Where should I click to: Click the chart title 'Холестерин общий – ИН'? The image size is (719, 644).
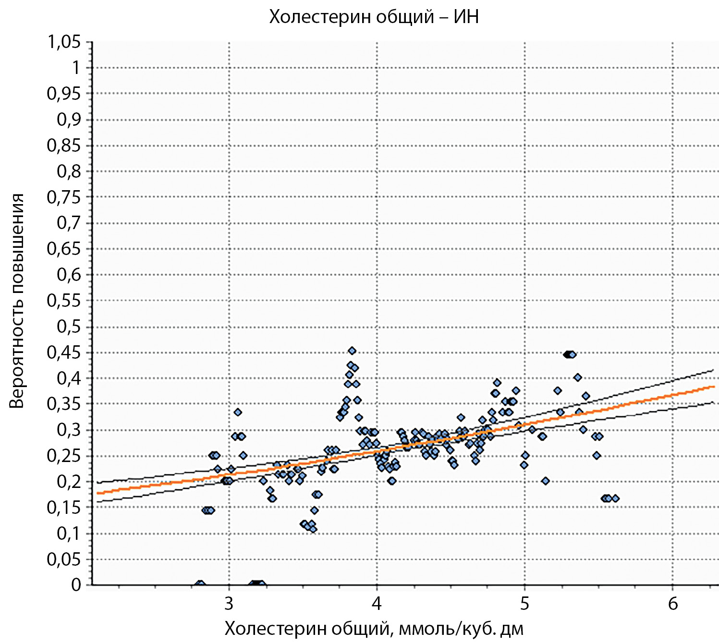tap(374, 17)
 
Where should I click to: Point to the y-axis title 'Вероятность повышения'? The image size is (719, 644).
tap(17, 301)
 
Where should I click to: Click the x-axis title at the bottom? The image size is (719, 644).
tap(374, 628)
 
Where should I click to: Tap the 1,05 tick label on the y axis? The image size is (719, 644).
tap(64, 42)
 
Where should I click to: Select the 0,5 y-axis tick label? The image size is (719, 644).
tap(69, 327)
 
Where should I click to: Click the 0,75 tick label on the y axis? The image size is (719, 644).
tap(64, 197)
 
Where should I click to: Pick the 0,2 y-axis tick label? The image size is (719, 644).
tap(69, 482)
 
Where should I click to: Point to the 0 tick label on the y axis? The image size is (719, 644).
tap(76, 584)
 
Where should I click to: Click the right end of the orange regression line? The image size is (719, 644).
tap(714, 386)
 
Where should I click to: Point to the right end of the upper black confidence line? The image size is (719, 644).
tap(713, 370)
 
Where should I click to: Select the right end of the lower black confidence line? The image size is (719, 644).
tap(713, 402)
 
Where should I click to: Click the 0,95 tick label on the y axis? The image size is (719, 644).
tap(64, 94)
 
